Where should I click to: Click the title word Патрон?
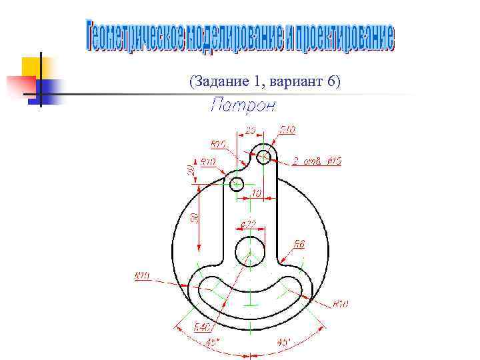coord(242,105)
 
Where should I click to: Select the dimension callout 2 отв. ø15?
coord(317,161)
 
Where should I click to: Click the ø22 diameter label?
coord(248,224)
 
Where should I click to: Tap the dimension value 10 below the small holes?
coord(256,193)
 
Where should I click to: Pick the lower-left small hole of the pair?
coord(236,183)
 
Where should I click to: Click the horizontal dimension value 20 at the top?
coord(251,129)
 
